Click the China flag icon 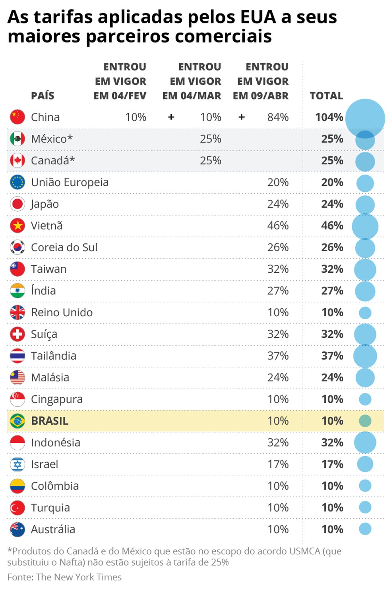coord(17,117)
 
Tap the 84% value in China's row coord(278,117)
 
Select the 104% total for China coord(329,117)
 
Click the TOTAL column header coord(326,96)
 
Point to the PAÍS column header coord(43,96)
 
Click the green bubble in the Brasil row coord(365,421)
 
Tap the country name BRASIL coord(50,421)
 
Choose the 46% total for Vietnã coord(332,225)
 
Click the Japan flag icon coord(17,204)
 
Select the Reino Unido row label coord(62,312)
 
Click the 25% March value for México coord(211,139)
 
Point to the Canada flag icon coord(17,160)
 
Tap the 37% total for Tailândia coord(332,356)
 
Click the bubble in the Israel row coord(365,464)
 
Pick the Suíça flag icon coord(17,334)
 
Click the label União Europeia coord(70,182)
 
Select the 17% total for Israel coord(332,464)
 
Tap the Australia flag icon coord(17,529)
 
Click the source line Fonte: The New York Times coord(64,577)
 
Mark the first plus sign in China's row coord(171,117)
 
